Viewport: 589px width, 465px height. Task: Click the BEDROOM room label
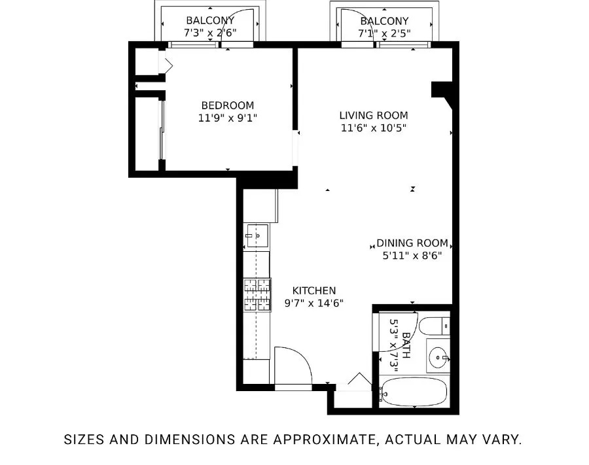(x=227, y=105)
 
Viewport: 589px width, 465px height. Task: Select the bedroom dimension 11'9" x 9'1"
(x=227, y=118)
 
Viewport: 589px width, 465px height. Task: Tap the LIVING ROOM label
(x=373, y=115)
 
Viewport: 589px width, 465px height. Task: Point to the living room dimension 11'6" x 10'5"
(x=373, y=128)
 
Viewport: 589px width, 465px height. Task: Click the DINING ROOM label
(x=412, y=243)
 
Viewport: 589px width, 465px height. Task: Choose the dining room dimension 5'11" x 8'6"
(x=412, y=256)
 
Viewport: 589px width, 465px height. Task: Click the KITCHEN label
(x=313, y=290)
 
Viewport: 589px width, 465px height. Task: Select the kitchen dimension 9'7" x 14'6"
(x=313, y=303)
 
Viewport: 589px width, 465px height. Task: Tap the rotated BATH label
(x=406, y=345)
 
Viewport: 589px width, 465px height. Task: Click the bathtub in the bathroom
(x=414, y=392)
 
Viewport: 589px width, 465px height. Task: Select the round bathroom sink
(x=439, y=356)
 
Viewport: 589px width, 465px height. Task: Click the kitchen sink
(x=258, y=235)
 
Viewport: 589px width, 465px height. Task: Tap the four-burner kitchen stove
(x=257, y=295)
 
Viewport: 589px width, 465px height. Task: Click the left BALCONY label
(x=209, y=20)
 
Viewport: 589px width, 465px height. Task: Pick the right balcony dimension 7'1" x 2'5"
(x=384, y=32)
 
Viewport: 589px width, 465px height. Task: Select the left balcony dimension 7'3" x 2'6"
(x=209, y=32)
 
